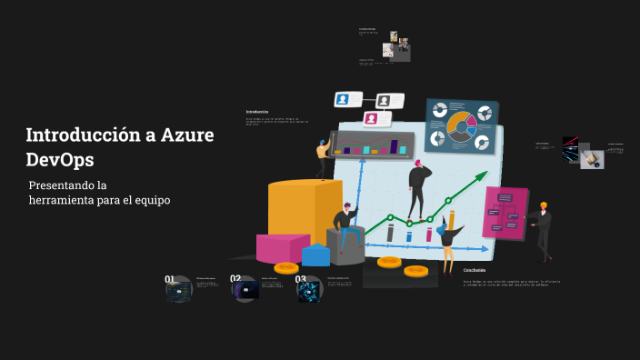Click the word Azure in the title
(187, 135)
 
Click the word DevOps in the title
(59, 159)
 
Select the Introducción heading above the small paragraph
(257, 112)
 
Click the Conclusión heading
(475, 270)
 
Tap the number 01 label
(170, 279)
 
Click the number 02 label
(235, 279)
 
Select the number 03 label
(301, 279)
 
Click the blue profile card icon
(344, 99)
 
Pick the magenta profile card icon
(371, 118)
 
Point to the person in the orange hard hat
(543, 227)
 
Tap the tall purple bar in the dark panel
(395, 145)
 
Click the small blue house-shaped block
(315, 255)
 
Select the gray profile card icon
(385, 100)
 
